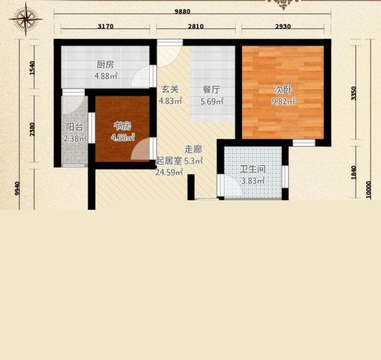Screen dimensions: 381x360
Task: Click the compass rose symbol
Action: pos(26,18)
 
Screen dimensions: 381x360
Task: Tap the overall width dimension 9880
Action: pos(183,11)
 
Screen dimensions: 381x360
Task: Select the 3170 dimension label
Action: pos(105,26)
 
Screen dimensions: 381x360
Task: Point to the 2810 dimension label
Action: pos(196,26)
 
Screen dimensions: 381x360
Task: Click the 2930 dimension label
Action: pos(283,26)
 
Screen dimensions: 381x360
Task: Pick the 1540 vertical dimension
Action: pos(32,68)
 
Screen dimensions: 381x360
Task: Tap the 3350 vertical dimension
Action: pos(354,93)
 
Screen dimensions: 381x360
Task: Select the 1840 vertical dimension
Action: pos(354,173)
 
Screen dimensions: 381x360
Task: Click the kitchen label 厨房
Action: pos(105,65)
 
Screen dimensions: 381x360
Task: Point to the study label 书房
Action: pos(123,126)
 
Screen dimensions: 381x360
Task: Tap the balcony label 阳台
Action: pos(75,127)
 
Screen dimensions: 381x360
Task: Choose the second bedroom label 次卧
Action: pos(283,90)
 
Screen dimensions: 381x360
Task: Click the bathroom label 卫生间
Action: pos(252,169)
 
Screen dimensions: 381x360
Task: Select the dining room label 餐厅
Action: pos(212,89)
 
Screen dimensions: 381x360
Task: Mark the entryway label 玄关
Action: pos(170,89)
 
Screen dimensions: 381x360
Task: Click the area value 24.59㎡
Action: pos(169,172)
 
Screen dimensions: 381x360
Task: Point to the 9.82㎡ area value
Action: pos(283,101)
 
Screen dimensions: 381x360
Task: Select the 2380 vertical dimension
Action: pos(32,129)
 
